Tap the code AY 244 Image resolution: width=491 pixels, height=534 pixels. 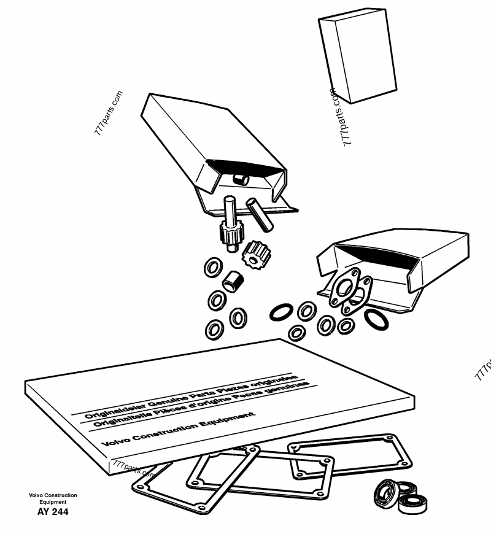click(52, 511)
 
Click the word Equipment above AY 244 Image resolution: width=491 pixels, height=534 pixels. click(52, 502)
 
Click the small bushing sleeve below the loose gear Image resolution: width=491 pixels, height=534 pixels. click(234, 280)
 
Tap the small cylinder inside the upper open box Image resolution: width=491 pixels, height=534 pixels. click(241, 177)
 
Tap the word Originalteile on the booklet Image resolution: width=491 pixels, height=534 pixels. click(114, 420)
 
